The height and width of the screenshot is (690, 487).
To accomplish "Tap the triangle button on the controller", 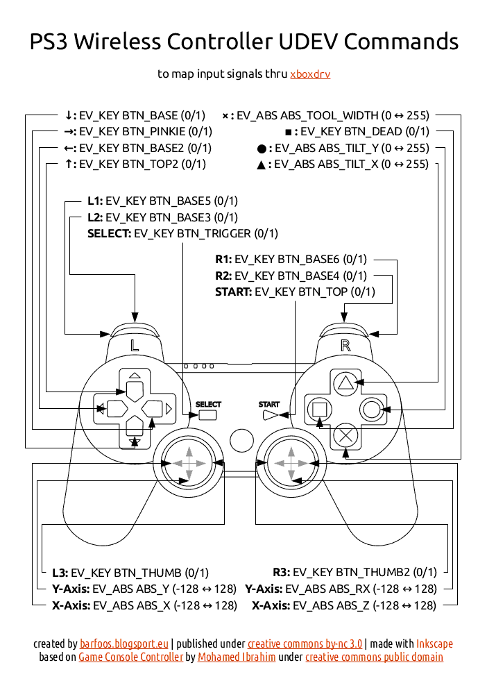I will pyautogui.click(x=345, y=382).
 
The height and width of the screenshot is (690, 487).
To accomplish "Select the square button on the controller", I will pyautogui.click(x=319, y=409).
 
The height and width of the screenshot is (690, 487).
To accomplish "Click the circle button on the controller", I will pyautogui.click(x=371, y=409).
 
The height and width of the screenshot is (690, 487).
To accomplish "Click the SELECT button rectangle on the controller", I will pyautogui.click(x=207, y=415).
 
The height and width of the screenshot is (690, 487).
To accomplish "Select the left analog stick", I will pyautogui.click(x=189, y=462).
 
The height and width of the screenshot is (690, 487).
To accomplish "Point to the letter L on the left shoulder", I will pyautogui.click(x=135, y=344).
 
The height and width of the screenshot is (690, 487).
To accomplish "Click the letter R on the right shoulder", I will pyautogui.click(x=345, y=344).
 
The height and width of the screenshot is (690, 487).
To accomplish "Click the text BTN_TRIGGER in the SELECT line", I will pyautogui.click(x=214, y=234).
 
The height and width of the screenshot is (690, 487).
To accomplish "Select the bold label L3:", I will pyautogui.click(x=60, y=573).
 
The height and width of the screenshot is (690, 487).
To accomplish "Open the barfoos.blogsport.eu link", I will pyautogui.click(x=123, y=644).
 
